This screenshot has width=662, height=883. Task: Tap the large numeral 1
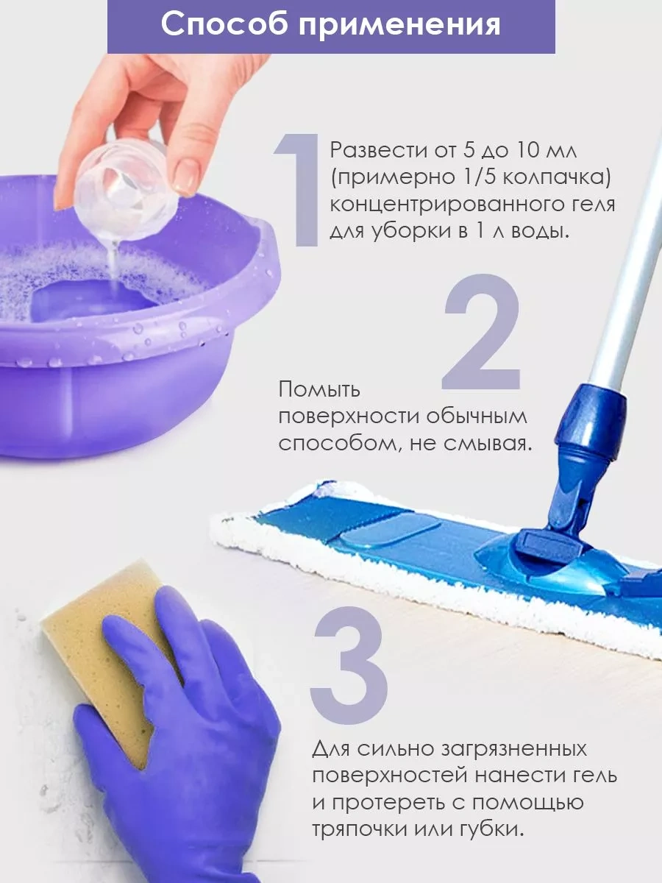[297, 191]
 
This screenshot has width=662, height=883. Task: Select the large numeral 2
[481, 333]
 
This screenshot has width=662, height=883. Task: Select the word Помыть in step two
[319, 389]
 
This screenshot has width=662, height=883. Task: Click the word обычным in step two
[477, 416]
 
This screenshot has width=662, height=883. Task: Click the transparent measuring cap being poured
[126, 189]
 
